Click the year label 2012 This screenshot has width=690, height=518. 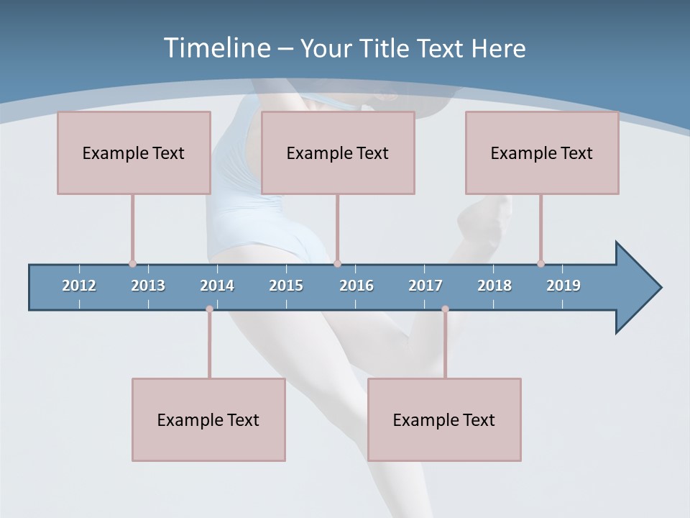point(79,286)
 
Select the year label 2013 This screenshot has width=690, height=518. point(148,286)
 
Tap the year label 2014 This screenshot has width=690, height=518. point(217,286)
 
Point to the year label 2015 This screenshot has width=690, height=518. point(286,286)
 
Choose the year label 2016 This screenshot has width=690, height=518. point(356,286)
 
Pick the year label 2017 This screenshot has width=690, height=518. point(425,286)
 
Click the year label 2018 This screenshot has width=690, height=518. point(494,286)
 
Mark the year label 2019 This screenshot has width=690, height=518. point(563,286)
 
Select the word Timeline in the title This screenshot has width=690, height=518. point(216,48)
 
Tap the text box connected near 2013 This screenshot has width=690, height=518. point(134,153)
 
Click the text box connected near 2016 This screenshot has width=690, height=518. point(338,153)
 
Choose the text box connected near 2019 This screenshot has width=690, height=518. point(542,153)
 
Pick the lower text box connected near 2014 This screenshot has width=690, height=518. point(208,419)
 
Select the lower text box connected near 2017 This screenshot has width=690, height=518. point(444,419)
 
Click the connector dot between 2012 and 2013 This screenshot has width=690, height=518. point(132,263)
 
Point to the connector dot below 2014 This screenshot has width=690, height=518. point(209,309)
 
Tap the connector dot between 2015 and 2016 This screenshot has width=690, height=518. point(337,263)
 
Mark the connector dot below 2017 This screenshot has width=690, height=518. point(445,309)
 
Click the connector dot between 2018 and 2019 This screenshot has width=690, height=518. point(540,263)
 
